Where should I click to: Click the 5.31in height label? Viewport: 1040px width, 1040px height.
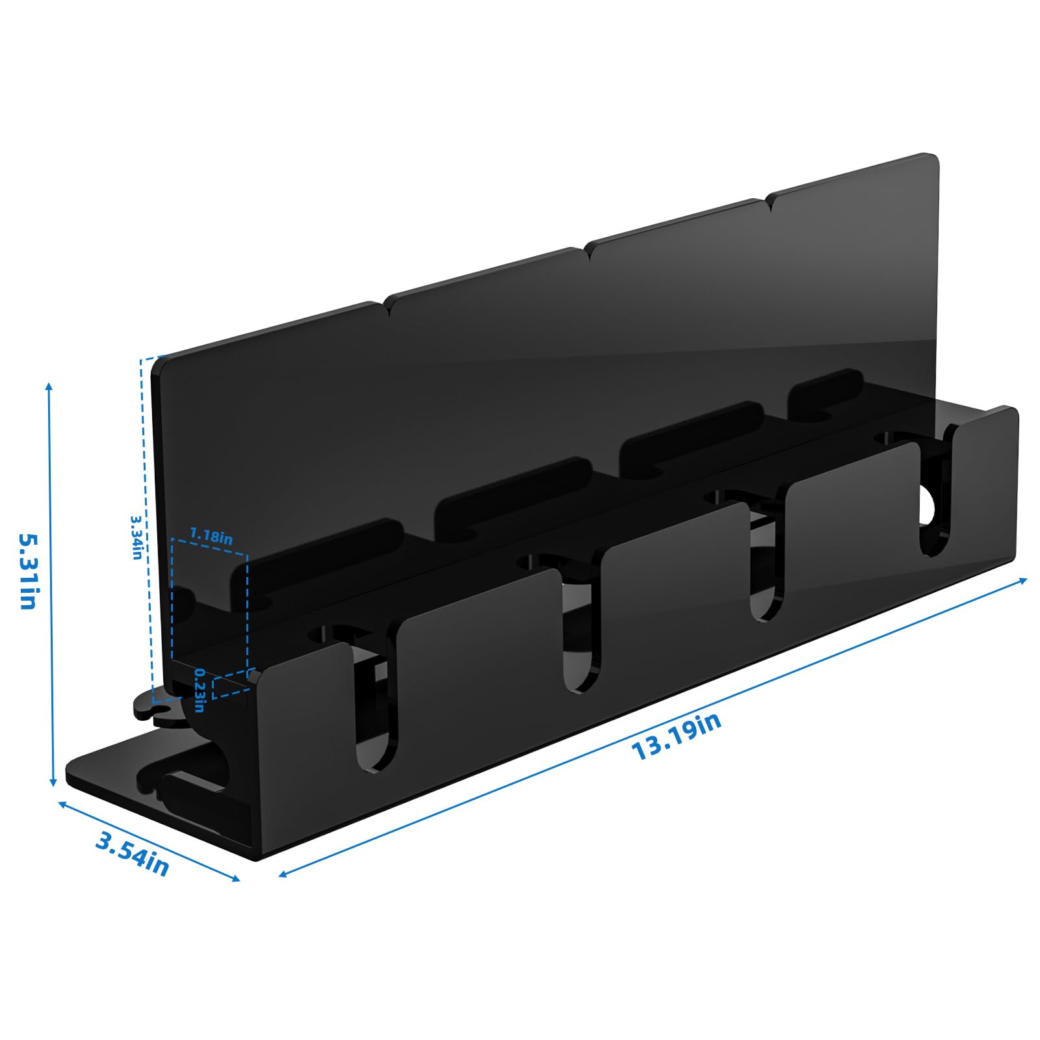coord(27,571)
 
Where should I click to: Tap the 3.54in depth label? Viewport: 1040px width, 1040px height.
coord(133,853)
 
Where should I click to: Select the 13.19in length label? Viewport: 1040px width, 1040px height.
coord(676,736)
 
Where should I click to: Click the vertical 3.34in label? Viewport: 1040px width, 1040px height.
coord(136,538)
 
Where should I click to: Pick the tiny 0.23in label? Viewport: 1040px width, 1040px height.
coord(200,690)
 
